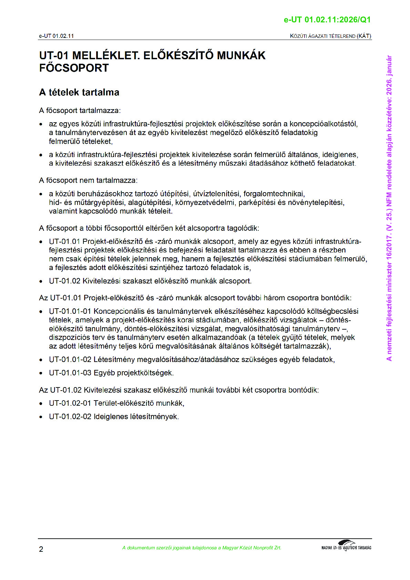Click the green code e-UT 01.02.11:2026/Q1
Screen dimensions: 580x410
tap(327, 20)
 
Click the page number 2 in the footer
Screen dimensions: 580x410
tap(41, 549)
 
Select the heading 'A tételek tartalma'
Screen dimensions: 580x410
tap(79, 92)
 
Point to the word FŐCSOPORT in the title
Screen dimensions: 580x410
tap(74, 68)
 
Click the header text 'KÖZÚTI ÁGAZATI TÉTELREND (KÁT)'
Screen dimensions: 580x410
tap(330, 36)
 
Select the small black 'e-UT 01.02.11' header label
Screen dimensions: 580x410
tap(56, 36)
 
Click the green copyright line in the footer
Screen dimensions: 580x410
tap(202, 548)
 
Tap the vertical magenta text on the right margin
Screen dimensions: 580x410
tap(389, 208)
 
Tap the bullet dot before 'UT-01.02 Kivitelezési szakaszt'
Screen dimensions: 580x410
tap(41, 281)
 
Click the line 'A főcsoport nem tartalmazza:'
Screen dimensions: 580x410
tap(88, 180)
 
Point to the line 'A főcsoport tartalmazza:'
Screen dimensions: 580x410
tap(80, 111)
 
